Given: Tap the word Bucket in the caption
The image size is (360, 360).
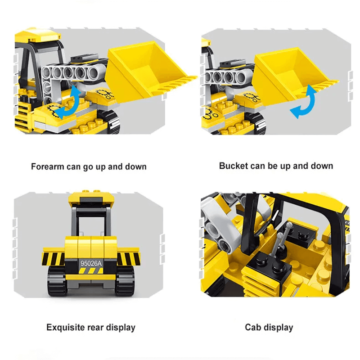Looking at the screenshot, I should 234,166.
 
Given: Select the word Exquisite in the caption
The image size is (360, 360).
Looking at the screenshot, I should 66,328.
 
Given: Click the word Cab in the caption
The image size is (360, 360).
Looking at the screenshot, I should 253,327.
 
